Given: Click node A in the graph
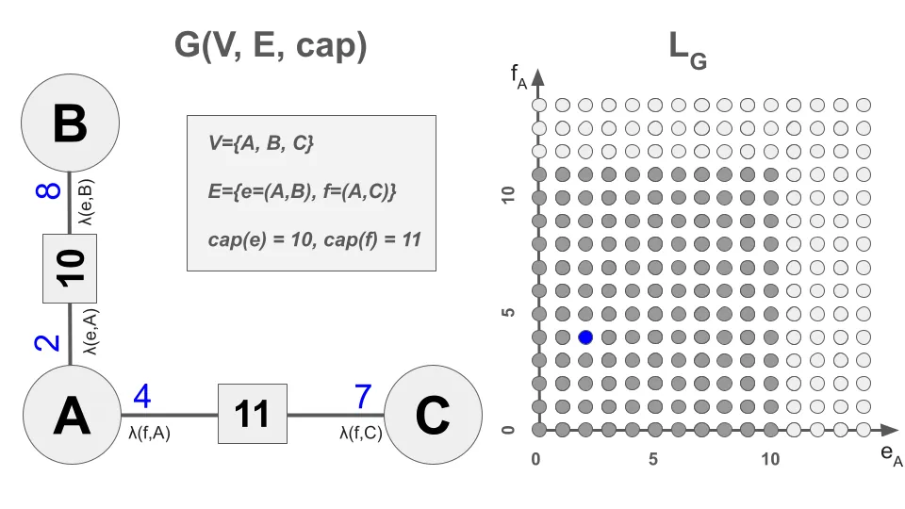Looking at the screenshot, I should pyautogui.click(x=71, y=415).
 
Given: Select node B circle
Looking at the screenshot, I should pyautogui.click(x=71, y=123).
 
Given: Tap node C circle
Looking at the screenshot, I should pyautogui.click(x=431, y=415).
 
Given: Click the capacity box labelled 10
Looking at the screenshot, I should pyautogui.click(x=72, y=268).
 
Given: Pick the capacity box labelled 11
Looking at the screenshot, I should pyautogui.click(x=253, y=414).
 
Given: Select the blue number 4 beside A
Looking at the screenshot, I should pyautogui.click(x=142, y=397).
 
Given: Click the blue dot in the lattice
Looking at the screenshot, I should pyautogui.click(x=585, y=337).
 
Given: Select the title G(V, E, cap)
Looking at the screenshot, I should pyautogui.click(x=271, y=44).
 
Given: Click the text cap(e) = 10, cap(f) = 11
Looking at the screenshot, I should pyautogui.click(x=315, y=238).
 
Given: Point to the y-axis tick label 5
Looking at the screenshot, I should pyautogui.click(x=510, y=313).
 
